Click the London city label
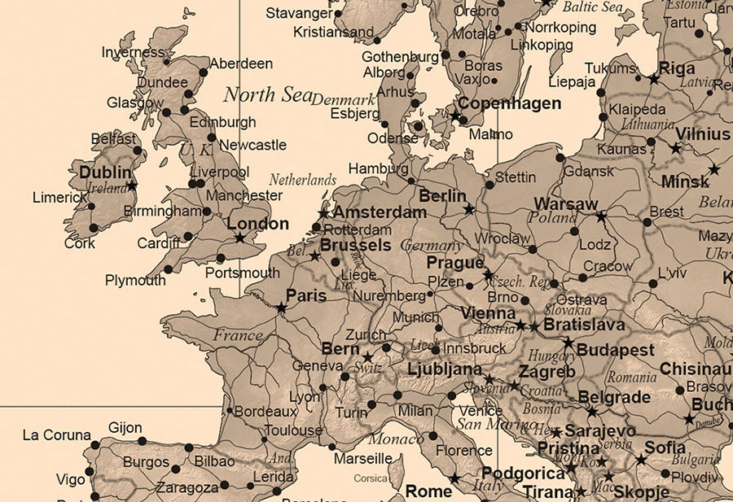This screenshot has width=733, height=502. (257, 224)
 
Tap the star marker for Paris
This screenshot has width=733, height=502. (281, 308)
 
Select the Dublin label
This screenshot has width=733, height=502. (105, 172)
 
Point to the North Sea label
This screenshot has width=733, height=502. (268, 94)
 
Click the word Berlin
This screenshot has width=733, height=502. (442, 196)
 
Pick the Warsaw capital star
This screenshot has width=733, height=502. (601, 217)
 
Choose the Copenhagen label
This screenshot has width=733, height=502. (510, 103)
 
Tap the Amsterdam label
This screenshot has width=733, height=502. (379, 212)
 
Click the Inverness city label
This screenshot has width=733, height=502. (133, 53)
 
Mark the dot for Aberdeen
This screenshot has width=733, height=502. (204, 72)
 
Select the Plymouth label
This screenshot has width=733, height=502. (135, 281)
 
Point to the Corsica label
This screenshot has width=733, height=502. (371, 478)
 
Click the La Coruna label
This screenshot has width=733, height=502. (56, 435)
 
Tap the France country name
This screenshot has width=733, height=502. (238, 334)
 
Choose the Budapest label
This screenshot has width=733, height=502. (615, 351)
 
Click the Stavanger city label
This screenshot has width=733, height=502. (299, 13)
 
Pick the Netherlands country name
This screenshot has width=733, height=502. (302, 179)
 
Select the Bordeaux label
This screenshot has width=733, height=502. (266, 412)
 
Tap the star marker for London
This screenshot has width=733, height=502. (239, 238)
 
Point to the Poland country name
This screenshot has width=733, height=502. (552, 218)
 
